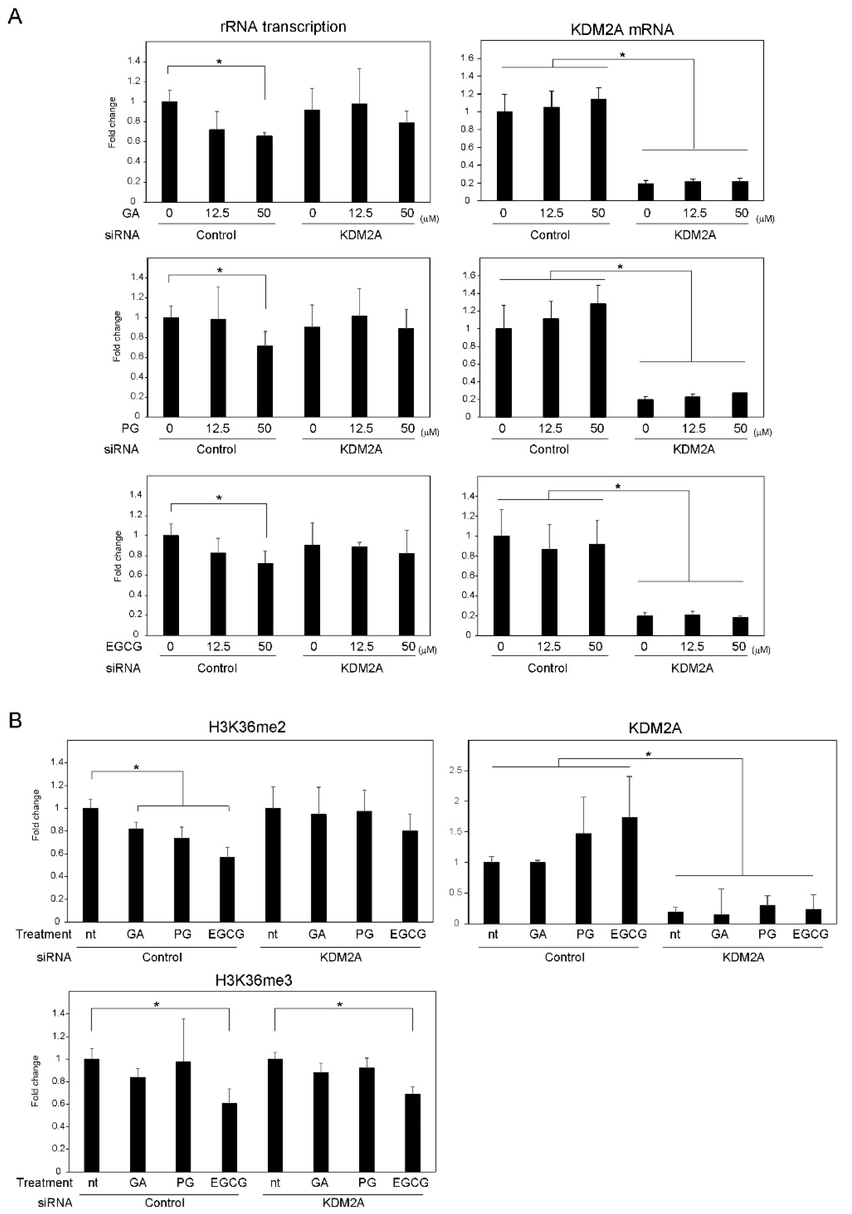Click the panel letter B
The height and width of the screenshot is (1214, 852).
15,720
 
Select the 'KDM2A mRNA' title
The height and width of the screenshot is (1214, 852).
622,30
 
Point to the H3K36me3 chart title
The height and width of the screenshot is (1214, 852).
254,979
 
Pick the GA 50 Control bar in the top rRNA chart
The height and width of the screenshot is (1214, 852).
264,168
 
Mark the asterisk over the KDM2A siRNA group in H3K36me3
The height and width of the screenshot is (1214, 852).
340,1004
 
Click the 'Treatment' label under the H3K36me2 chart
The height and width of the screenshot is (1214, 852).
43,934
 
